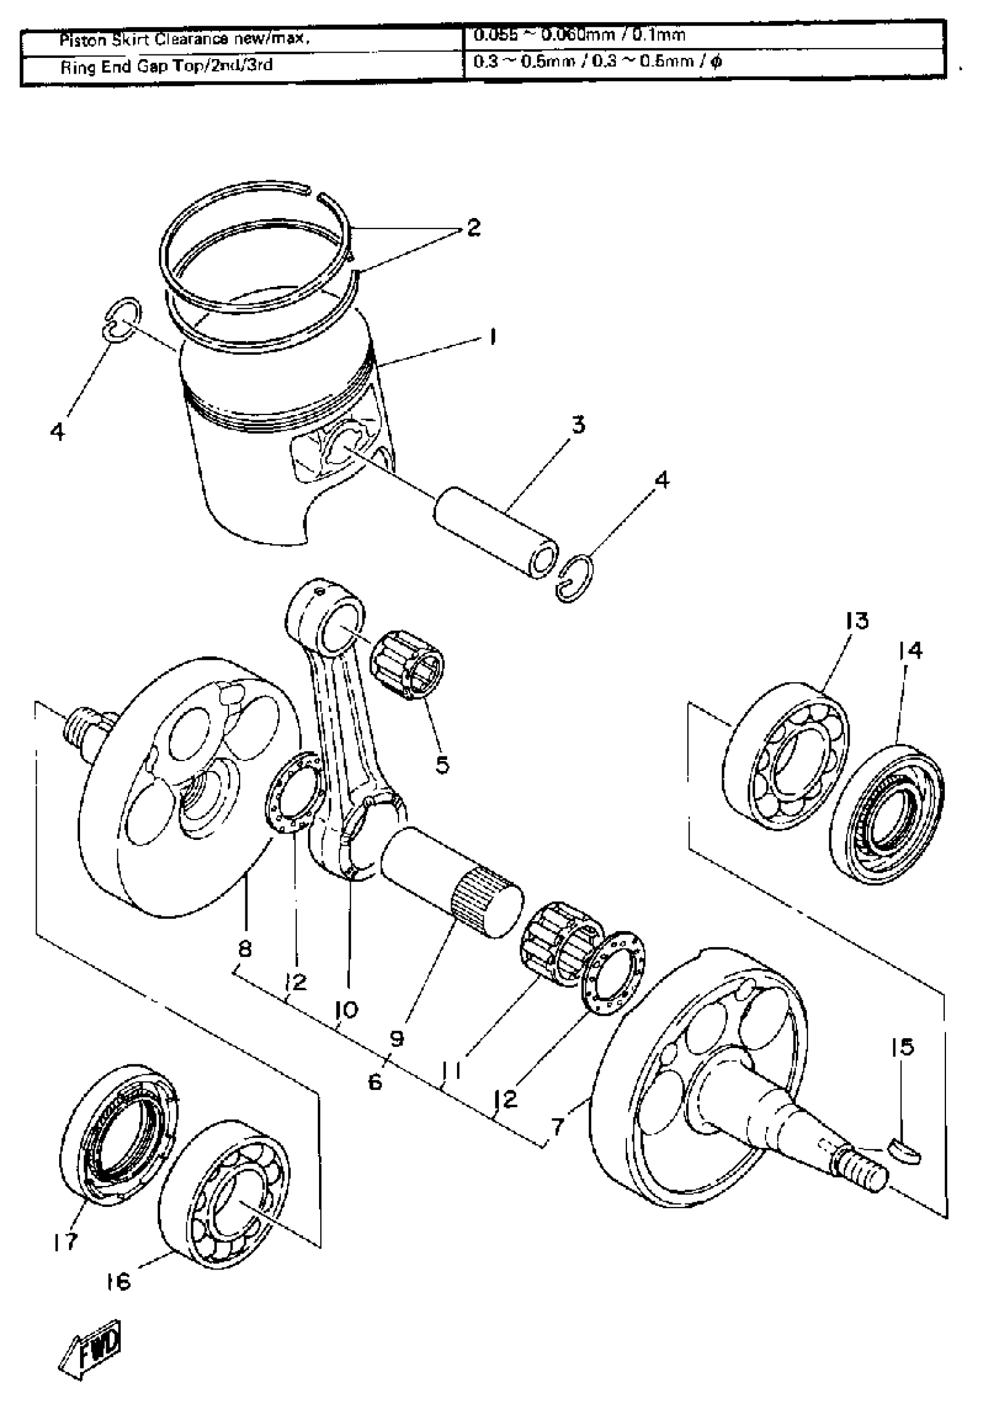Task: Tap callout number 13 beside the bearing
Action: point(857,621)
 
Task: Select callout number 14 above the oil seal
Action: point(910,650)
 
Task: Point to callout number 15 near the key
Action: point(903,1047)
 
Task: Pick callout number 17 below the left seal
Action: point(66,1241)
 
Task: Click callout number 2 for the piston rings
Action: point(473,228)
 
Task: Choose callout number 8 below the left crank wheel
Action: point(244,948)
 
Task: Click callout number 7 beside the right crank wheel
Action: point(557,1126)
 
